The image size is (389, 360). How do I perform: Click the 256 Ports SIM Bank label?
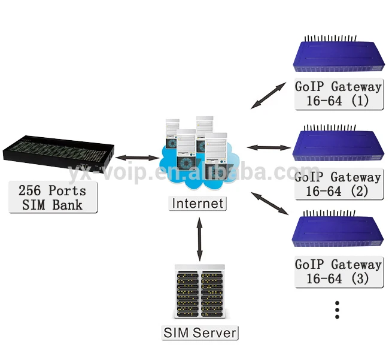coord(53,197)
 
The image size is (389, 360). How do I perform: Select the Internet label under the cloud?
coord(197,203)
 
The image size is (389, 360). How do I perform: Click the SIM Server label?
coord(200,332)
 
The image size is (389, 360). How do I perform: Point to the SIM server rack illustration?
coord(200,292)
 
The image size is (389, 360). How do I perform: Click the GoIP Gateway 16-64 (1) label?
coord(339,94)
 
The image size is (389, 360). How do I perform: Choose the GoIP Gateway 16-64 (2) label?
coord(338,184)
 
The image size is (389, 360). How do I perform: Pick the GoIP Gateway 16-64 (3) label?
coord(339,271)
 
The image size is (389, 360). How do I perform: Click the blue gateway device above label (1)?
coord(339,54)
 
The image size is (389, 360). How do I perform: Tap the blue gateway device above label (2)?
coord(338,143)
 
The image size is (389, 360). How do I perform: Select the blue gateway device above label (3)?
coord(338,229)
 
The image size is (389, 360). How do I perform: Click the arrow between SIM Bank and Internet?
coord(137,158)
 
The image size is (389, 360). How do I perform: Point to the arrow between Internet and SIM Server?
coord(199,240)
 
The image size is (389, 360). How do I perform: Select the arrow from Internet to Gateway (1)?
coord(269,96)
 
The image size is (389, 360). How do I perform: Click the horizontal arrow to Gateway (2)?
coord(269,148)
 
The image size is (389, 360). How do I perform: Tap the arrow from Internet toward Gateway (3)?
coord(270,203)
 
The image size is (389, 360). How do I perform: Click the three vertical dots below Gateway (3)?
coord(337,310)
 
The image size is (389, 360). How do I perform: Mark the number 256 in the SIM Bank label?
coord(29,190)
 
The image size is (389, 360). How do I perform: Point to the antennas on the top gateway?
coord(330,38)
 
